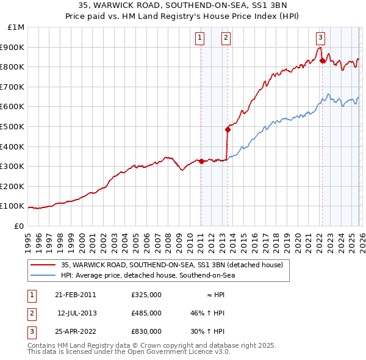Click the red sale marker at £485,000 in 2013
[x=228, y=129]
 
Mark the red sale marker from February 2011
[x=201, y=161]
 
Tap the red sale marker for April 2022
[x=321, y=60]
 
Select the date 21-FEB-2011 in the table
[x=76, y=295]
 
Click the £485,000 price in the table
[x=146, y=313]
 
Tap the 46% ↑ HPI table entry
[x=207, y=313]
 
